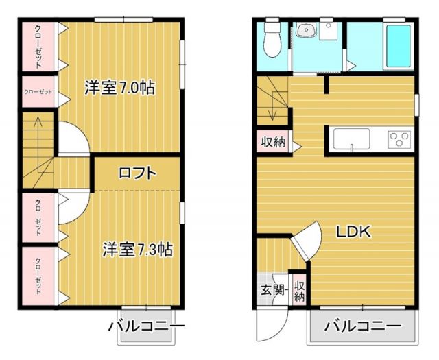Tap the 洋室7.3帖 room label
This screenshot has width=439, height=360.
tap(137, 249)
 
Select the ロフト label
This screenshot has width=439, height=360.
tap(138, 173)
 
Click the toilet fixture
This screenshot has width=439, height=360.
tap(272, 41)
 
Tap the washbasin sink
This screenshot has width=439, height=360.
tap(304, 30)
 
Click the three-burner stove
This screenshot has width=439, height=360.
tap(399, 140)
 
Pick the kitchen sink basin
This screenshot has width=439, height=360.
tap(351, 139)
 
